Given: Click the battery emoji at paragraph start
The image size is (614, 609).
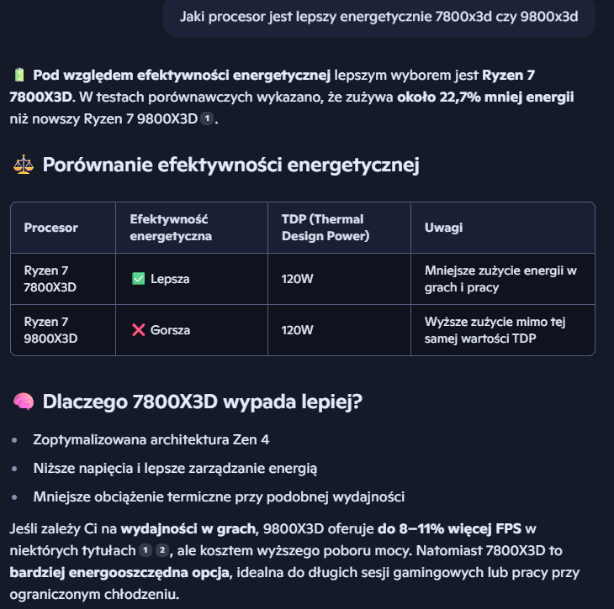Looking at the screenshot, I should (19, 75).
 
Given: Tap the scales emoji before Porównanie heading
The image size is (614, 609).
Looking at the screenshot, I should (22, 165).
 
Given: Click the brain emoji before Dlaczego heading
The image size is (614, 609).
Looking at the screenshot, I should (23, 402).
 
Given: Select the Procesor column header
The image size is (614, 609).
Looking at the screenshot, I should (50, 228).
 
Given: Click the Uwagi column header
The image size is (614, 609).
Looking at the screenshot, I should (443, 228).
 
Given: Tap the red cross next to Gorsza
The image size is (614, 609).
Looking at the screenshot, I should (139, 330).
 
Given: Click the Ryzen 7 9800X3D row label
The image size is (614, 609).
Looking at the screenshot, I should (50, 330).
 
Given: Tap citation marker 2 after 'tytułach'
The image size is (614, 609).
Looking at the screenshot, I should (162, 551).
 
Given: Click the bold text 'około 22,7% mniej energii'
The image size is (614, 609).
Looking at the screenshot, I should (486, 97).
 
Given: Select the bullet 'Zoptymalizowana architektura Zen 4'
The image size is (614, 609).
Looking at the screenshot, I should (151, 439).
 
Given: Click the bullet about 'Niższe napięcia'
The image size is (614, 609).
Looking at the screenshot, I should (175, 468).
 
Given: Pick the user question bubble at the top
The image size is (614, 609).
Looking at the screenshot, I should (378, 17).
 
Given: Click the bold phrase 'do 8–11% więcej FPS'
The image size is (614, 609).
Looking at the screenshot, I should (449, 529).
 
